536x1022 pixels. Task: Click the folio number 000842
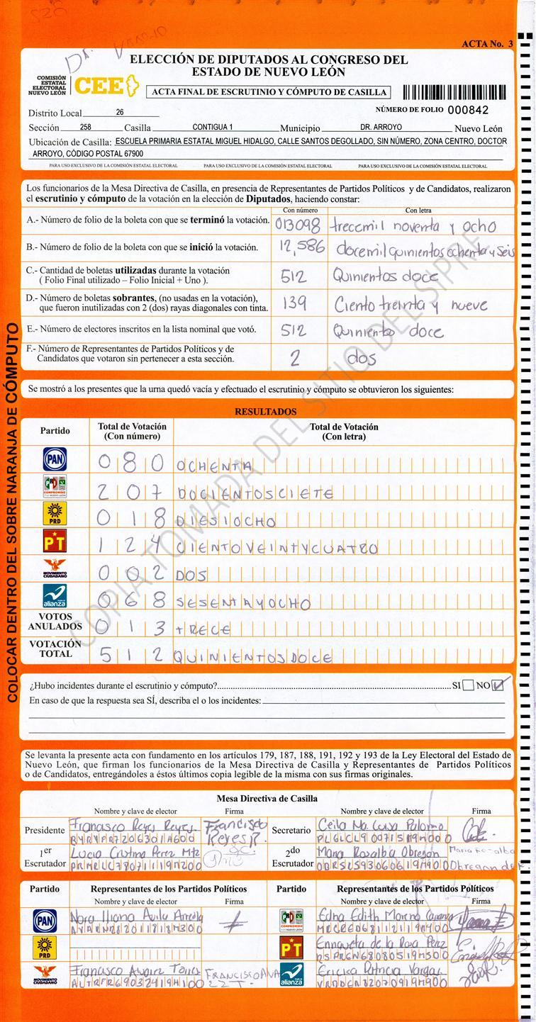(468, 110)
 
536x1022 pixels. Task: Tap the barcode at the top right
(454, 91)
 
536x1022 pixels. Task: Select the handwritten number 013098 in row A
(298, 225)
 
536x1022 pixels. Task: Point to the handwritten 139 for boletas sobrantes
(294, 303)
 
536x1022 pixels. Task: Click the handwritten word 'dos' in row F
(362, 359)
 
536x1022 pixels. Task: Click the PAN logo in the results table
(55, 459)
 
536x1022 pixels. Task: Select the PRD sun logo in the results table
(55, 515)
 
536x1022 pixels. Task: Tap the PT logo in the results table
(55, 544)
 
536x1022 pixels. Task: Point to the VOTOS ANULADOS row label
(55, 622)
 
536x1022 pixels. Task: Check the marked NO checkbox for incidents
(500, 685)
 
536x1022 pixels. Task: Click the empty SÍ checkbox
(468, 685)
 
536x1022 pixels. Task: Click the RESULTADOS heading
(266, 412)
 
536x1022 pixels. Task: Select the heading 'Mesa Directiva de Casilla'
(267, 798)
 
